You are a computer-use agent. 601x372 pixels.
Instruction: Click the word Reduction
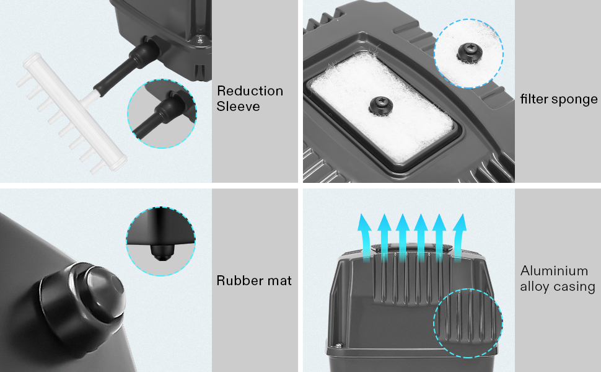click(x=250, y=91)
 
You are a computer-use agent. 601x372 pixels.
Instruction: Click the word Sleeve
click(x=238, y=106)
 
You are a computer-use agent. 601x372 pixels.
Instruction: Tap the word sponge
click(x=574, y=100)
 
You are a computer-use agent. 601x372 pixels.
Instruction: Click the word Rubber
click(x=238, y=280)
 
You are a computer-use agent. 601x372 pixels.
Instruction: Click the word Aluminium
click(x=554, y=271)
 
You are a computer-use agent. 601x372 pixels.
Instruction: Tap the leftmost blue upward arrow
click(x=364, y=238)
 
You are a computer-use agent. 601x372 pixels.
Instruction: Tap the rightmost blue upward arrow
click(x=459, y=238)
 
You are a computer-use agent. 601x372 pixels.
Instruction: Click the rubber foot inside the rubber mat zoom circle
click(x=161, y=252)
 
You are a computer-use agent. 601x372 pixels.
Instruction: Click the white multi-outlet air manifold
click(x=72, y=113)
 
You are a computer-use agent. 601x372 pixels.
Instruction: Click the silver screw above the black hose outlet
click(x=200, y=39)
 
